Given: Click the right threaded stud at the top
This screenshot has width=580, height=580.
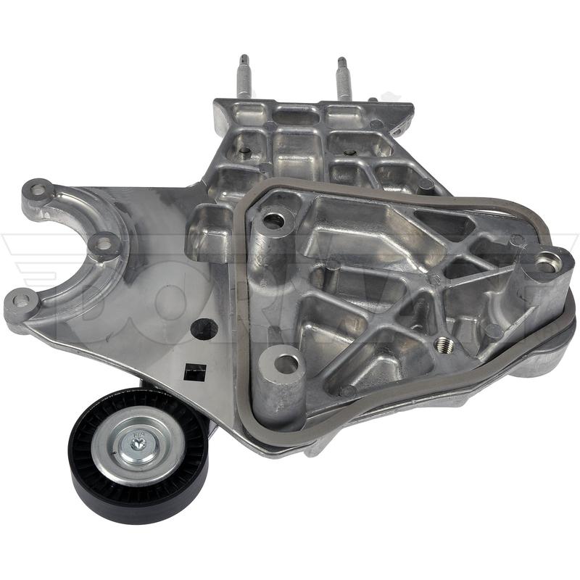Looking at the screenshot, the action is pyautogui.click(x=342, y=78).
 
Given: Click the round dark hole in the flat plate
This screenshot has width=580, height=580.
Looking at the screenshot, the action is pyautogui.click(x=204, y=328).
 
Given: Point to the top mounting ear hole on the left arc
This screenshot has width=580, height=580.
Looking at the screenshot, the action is pyautogui.click(x=38, y=190).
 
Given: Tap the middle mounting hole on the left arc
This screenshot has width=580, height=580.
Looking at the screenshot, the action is pyautogui.click(x=104, y=244).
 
